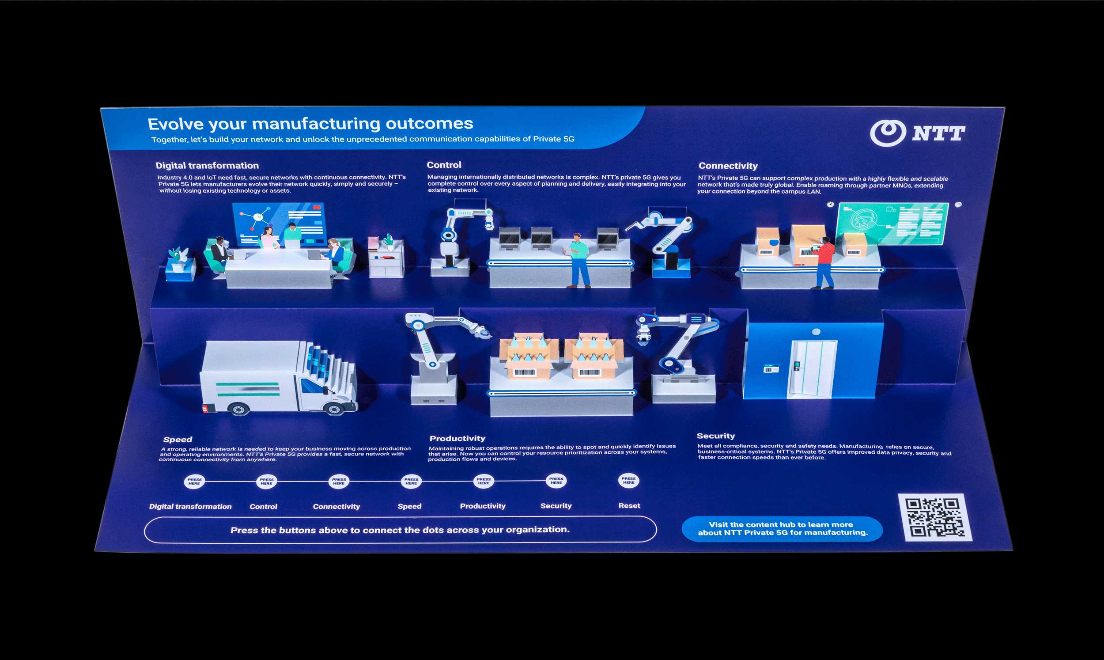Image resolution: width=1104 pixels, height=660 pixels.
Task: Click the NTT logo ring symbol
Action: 888,133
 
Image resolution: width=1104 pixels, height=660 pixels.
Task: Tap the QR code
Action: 935,517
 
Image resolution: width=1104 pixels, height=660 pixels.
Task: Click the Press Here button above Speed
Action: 411,481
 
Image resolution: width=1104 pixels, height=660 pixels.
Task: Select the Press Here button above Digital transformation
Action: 194,482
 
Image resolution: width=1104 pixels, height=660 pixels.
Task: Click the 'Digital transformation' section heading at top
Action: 207,166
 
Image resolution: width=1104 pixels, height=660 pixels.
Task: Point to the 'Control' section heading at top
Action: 443,165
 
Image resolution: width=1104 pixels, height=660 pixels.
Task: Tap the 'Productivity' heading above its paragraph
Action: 457,439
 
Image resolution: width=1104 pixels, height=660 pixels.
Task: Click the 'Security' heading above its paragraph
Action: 715,436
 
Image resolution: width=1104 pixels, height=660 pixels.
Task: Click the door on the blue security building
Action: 812,370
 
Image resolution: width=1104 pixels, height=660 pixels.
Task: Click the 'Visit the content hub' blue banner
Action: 782,529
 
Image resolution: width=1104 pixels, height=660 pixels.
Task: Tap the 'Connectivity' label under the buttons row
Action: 336,507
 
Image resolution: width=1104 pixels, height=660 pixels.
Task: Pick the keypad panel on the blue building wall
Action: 771,369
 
